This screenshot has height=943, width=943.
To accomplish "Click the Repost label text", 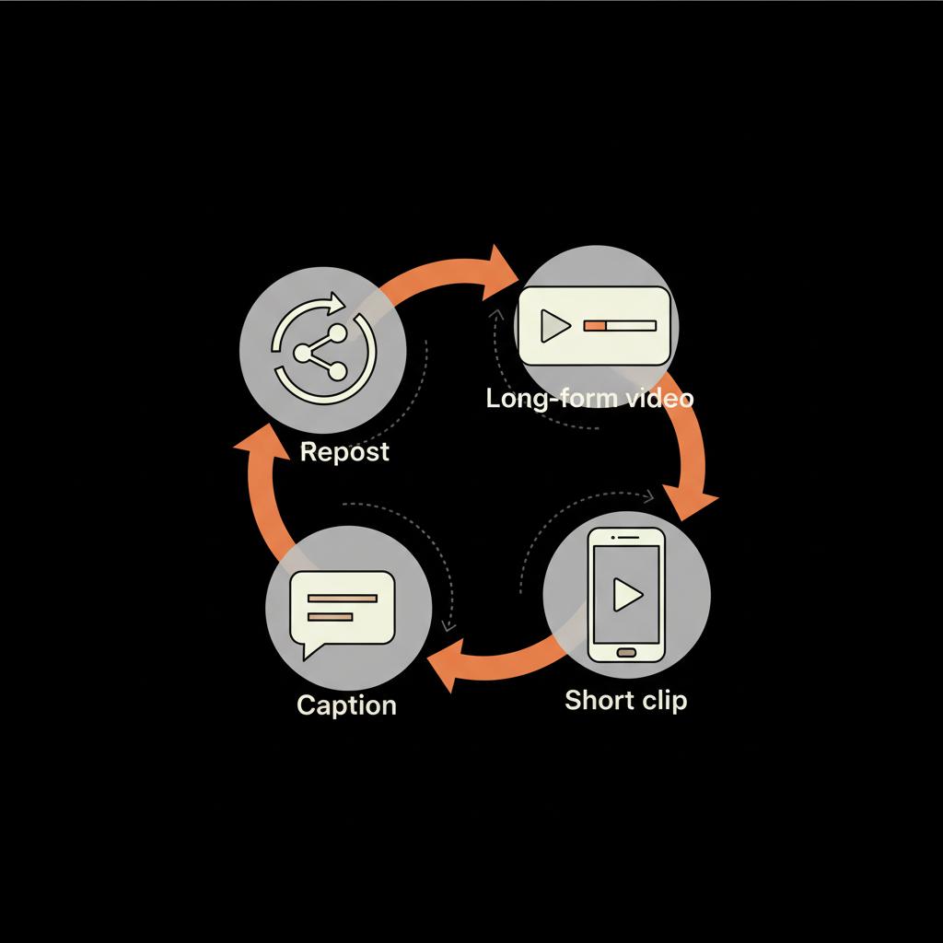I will tap(344, 452).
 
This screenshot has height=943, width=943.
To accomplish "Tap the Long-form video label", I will tap(589, 399).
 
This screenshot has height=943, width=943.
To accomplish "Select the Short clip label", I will tap(625, 700).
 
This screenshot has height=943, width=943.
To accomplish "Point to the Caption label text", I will tap(346, 705).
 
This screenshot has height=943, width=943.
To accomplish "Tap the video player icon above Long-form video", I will tap(594, 325).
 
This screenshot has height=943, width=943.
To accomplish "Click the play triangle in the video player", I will tap(553, 325).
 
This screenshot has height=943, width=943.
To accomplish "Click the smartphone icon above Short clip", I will tap(626, 594).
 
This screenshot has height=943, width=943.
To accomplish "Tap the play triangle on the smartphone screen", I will tap(628, 595).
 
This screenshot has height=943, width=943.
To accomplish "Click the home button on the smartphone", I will tap(626, 652).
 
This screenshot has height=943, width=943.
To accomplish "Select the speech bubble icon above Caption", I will tap(342, 609).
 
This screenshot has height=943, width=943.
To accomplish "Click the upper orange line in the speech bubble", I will tap(342, 599).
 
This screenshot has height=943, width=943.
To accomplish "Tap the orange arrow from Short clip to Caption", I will tap(497, 659).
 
